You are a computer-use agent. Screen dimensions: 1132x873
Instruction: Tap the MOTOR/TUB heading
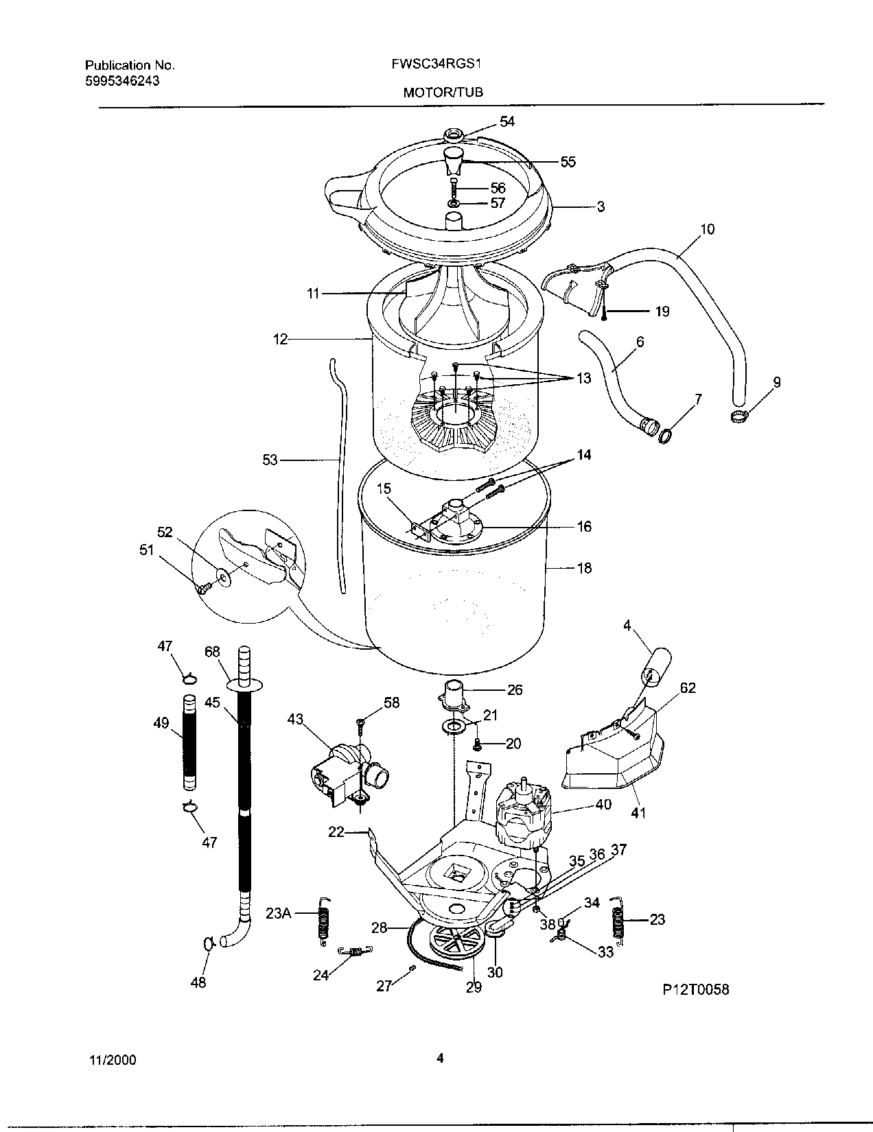pos(443,92)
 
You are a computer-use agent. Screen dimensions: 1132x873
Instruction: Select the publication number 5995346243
pos(122,80)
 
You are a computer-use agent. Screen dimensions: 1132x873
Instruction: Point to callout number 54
pos(507,121)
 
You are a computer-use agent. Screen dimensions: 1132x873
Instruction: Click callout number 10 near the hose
pos(707,228)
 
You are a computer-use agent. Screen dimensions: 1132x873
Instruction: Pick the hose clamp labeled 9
pos(736,414)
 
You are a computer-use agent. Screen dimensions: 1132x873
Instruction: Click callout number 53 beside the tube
pos(270,460)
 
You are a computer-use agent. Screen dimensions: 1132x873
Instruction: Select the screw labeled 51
pos(203,587)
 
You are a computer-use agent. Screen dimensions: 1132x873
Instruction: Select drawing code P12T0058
pos(695,989)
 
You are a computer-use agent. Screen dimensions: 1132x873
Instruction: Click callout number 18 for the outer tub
pos(583,568)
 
